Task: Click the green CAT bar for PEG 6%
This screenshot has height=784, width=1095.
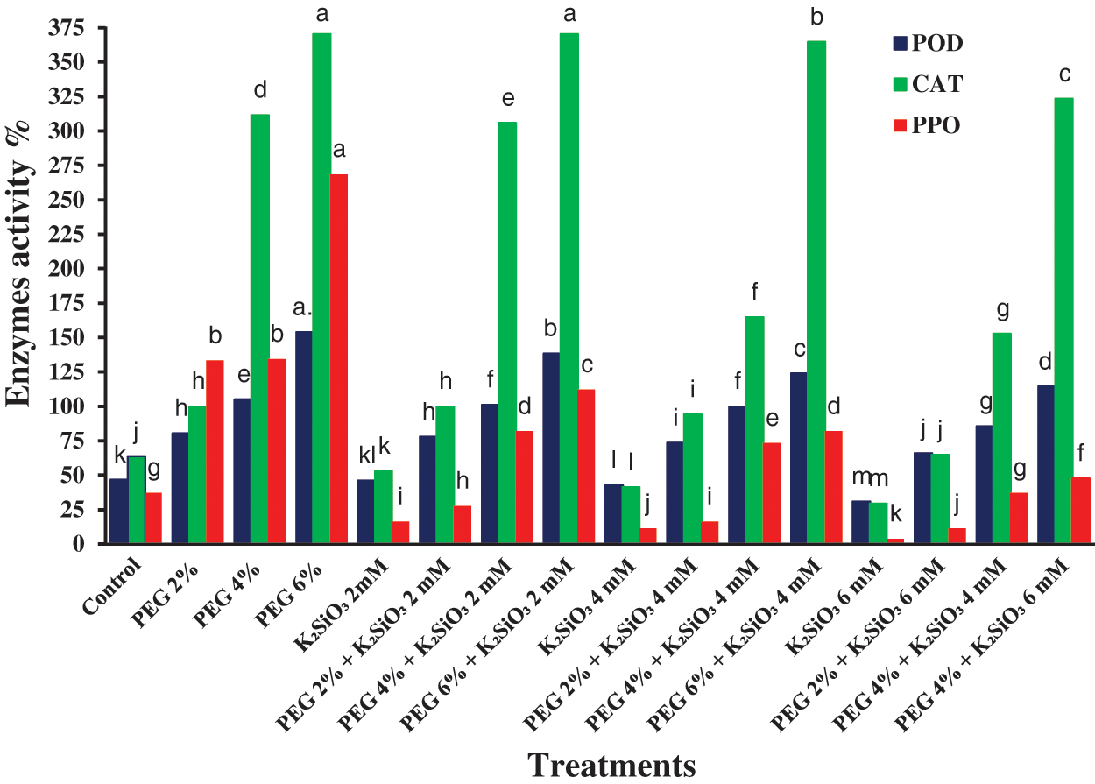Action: pyautogui.click(x=321, y=289)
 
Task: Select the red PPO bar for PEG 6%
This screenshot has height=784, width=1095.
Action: pyautogui.click(x=338, y=359)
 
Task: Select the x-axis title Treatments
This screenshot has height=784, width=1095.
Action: pyautogui.click(x=612, y=763)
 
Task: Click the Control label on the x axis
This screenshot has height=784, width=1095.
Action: pyautogui.click(x=114, y=582)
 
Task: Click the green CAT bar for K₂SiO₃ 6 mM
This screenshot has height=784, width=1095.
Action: pyautogui.click(x=879, y=523)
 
